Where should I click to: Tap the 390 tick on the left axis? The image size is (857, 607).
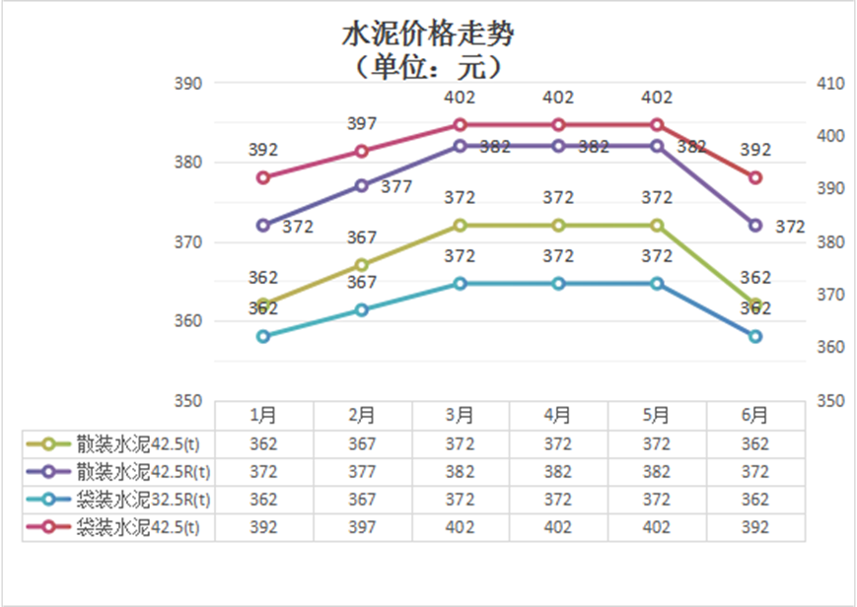(x=187, y=84)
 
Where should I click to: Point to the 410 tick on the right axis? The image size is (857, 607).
(x=831, y=84)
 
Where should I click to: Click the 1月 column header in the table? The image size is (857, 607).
(x=263, y=415)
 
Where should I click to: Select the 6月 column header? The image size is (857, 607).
(x=755, y=415)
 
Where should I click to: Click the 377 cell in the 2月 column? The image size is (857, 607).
(x=362, y=472)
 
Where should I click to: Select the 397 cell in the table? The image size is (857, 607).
(x=362, y=527)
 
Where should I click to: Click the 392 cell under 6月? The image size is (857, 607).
(x=755, y=527)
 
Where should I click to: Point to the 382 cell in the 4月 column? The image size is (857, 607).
(x=558, y=472)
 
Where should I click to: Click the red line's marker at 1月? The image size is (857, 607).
(x=263, y=177)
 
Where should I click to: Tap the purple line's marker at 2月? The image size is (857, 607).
(x=362, y=185)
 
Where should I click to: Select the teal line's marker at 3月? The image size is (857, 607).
(x=461, y=284)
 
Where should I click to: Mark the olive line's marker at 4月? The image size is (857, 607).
(x=558, y=226)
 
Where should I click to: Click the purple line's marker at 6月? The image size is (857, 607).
(x=755, y=226)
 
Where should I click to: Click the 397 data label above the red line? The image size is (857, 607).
(x=362, y=123)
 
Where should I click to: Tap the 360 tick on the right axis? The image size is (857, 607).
(x=831, y=347)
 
